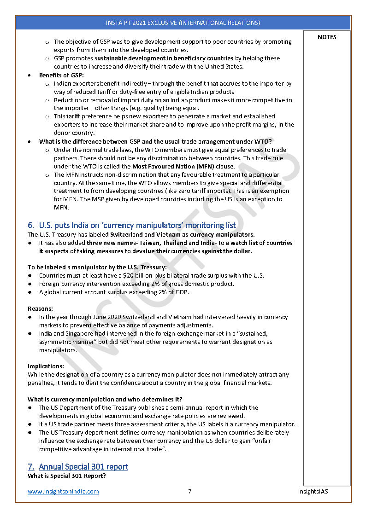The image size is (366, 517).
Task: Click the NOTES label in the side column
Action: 327,37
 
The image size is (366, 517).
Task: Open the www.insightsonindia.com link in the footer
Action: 63,491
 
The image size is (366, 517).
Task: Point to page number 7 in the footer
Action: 189,491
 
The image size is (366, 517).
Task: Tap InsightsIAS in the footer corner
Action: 313,491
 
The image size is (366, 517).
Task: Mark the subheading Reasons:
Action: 41,308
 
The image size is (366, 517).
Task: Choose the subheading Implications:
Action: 46,366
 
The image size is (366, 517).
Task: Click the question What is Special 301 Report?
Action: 66,476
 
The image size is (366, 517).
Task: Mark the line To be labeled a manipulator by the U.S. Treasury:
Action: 97,267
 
